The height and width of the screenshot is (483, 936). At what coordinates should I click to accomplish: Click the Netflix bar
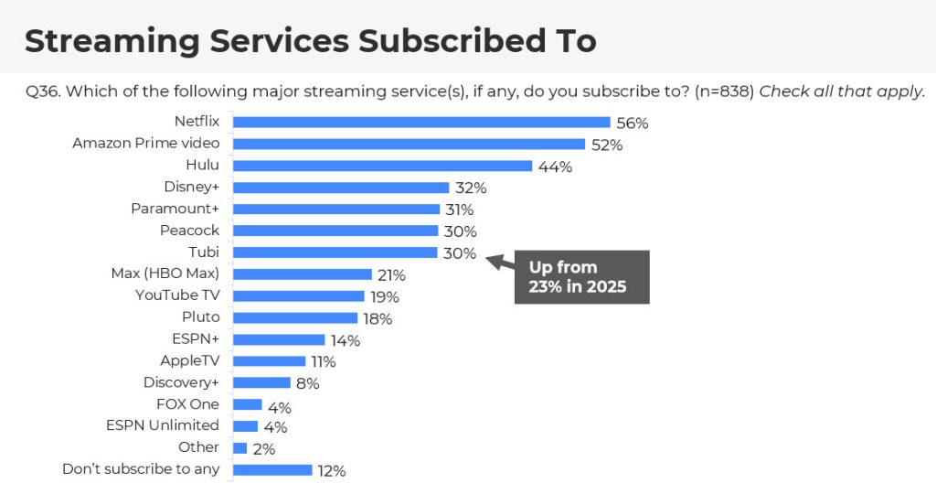point(421,122)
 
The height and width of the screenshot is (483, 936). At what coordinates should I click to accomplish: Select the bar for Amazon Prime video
point(409,144)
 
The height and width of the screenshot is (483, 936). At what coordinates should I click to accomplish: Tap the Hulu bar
point(382,166)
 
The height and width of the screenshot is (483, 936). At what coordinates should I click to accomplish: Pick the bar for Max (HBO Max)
point(303,274)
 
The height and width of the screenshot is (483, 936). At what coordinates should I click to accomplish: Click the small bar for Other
point(240,448)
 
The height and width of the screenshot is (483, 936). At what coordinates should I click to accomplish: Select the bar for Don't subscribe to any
point(272,470)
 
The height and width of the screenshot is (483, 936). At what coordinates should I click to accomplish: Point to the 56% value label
point(633,123)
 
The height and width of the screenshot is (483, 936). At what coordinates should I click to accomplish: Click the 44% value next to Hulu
point(555,166)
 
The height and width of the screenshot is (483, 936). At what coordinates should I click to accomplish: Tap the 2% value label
point(265,449)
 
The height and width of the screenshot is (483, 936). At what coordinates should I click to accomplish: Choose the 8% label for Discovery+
point(308,383)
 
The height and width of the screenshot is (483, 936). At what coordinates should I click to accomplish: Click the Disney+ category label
point(192,187)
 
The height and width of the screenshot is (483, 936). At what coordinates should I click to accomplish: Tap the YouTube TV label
point(177,295)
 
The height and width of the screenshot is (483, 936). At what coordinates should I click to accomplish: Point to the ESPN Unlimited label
point(163,425)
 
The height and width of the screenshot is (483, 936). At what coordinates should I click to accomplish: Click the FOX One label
point(187,404)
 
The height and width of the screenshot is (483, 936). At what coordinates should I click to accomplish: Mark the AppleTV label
point(189,360)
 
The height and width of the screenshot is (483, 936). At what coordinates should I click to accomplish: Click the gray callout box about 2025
point(581,277)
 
